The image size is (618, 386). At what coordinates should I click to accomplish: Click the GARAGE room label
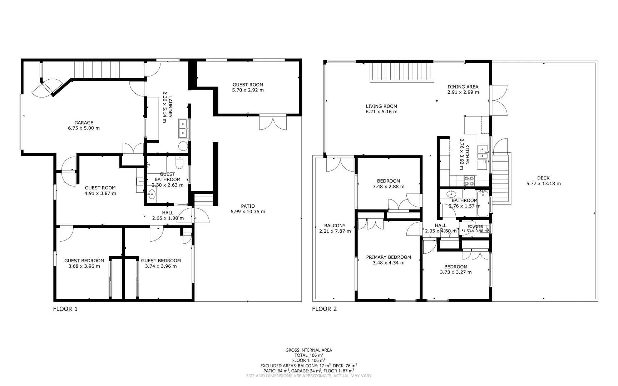click(84, 123)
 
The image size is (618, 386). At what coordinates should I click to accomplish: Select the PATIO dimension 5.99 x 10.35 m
click(248, 212)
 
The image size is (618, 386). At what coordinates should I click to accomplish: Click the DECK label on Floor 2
click(543, 178)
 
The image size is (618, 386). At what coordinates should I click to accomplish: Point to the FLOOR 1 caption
click(65, 309)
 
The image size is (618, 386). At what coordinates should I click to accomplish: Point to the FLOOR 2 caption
click(324, 309)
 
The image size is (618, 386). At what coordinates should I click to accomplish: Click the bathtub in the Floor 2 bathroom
click(482, 204)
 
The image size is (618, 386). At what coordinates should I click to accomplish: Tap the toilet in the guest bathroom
click(179, 163)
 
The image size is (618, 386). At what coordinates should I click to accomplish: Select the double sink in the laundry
click(183, 128)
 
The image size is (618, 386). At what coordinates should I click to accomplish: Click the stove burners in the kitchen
click(469, 181)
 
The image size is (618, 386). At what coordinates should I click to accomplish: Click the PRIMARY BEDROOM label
click(389, 257)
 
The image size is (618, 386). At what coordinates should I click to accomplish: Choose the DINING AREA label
click(463, 86)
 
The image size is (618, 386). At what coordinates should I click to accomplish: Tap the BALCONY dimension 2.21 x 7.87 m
click(335, 231)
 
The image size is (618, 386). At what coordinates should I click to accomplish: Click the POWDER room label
click(475, 227)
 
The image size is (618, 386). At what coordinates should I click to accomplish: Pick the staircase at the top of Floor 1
click(96, 69)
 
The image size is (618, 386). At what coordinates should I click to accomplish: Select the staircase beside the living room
click(401, 71)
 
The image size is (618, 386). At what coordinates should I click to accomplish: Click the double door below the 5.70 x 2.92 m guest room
click(273, 123)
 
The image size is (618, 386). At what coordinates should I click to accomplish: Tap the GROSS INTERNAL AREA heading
click(308, 350)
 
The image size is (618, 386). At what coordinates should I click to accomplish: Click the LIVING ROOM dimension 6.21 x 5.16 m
click(381, 112)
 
